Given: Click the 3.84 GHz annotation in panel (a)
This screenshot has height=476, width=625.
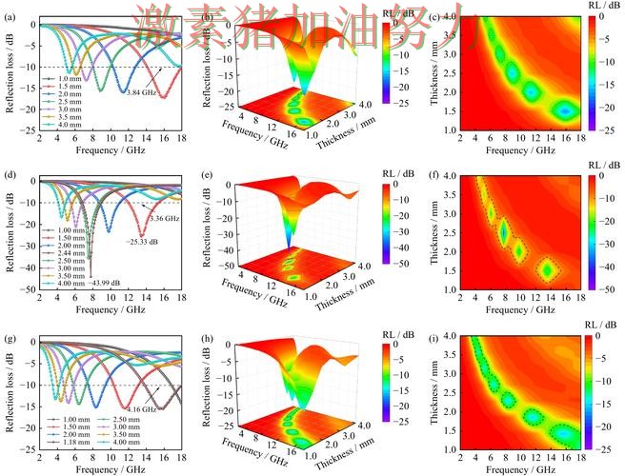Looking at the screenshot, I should [140, 91].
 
